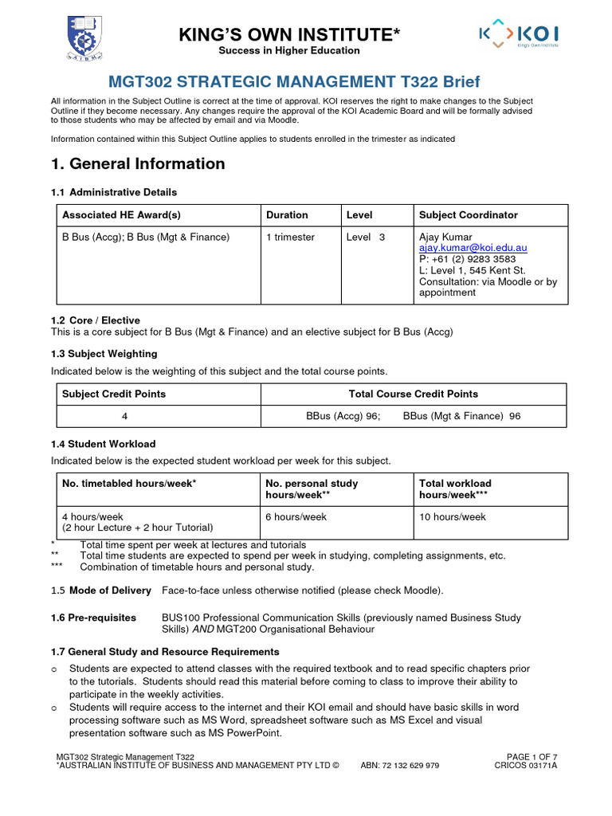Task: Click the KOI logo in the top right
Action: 518,36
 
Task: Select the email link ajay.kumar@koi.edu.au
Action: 473,248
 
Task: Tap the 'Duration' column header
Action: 287,215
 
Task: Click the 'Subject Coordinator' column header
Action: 468,215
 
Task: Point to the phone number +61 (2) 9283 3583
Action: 467,259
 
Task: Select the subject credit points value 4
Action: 124,416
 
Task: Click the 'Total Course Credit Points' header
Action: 414,394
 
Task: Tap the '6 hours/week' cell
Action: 296,517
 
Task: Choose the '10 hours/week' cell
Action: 452,517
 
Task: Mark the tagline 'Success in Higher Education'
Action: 289,51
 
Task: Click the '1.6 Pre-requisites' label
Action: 93,618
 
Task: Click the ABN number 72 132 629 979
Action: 410,766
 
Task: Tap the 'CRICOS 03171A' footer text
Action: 526,766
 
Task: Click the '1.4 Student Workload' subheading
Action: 103,444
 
